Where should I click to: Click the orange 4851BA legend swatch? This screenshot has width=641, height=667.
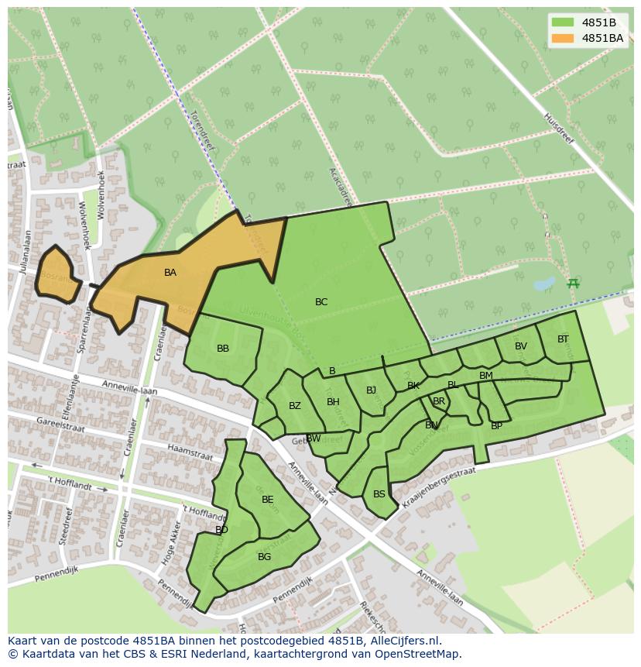pyautogui.click(x=563, y=38)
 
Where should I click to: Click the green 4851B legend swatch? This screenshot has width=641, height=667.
pyautogui.click(x=563, y=22)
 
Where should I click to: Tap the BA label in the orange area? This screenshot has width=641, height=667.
pyautogui.click(x=170, y=273)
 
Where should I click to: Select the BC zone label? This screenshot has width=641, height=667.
pyautogui.click(x=321, y=302)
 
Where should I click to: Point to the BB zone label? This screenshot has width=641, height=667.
pyautogui.click(x=223, y=349)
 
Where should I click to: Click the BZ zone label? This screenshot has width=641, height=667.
pyautogui.click(x=295, y=406)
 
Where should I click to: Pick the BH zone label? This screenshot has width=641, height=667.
pyautogui.click(x=333, y=402)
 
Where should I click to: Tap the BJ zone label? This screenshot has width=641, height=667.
pyautogui.click(x=371, y=390)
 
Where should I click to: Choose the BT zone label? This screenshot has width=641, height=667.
pyautogui.click(x=563, y=339)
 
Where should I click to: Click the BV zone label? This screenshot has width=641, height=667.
pyautogui.click(x=521, y=346)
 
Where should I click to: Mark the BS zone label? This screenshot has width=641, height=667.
pyautogui.click(x=379, y=494)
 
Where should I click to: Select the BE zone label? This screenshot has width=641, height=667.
pyautogui.click(x=268, y=500)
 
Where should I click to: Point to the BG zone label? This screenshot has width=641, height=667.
pyautogui.click(x=265, y=557)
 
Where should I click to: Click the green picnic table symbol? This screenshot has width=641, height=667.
pyautogui.click(x=573, y=284)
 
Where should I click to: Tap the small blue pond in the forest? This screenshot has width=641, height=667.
pyautogui.click(x=544, y=284)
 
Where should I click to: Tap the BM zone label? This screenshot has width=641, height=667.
pyautogui.click(x=486, y=376)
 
